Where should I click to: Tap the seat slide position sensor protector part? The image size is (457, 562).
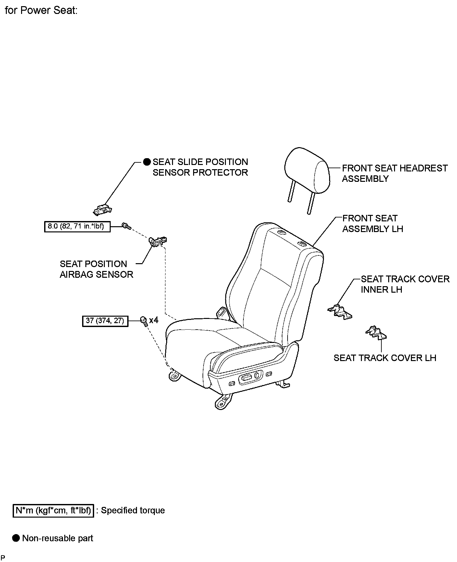point(102,209)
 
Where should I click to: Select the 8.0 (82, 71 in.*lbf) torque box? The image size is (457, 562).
point(77,226)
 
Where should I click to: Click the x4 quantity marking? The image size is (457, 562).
point(154,320)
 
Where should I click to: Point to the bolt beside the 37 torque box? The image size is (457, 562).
point(144,321)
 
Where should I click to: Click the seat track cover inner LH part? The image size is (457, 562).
point(340,312)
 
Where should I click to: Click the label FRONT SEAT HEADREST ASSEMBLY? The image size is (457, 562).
point(394,173)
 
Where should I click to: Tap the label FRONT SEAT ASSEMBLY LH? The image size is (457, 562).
point(372,224)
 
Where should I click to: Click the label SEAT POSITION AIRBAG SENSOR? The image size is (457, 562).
point(96,269)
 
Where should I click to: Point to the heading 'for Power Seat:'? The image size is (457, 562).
point(41,10)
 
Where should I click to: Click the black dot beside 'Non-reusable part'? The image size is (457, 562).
point(16,538)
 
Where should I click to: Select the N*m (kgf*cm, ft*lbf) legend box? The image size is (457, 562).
point(53,510)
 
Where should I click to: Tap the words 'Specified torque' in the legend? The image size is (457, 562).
point(133,510)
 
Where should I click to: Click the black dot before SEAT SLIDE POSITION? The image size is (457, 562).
point(147,162)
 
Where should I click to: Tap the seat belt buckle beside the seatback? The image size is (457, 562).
point(222,311)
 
